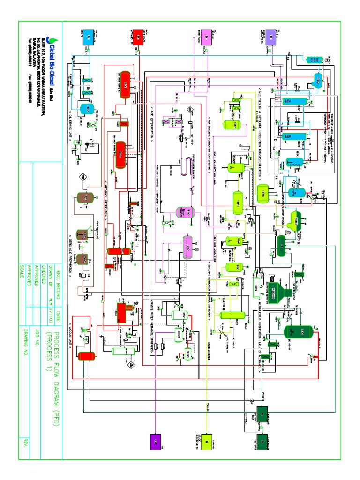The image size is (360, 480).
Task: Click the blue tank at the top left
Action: pyautogui.click(x=89, y=37)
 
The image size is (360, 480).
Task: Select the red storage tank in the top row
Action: pyautogui.click(x=138, y=37)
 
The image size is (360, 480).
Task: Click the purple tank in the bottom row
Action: pyautogui.click(x=156, y=441)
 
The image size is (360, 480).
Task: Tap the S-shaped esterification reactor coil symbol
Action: pyautogui.click(x=181, y=167)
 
